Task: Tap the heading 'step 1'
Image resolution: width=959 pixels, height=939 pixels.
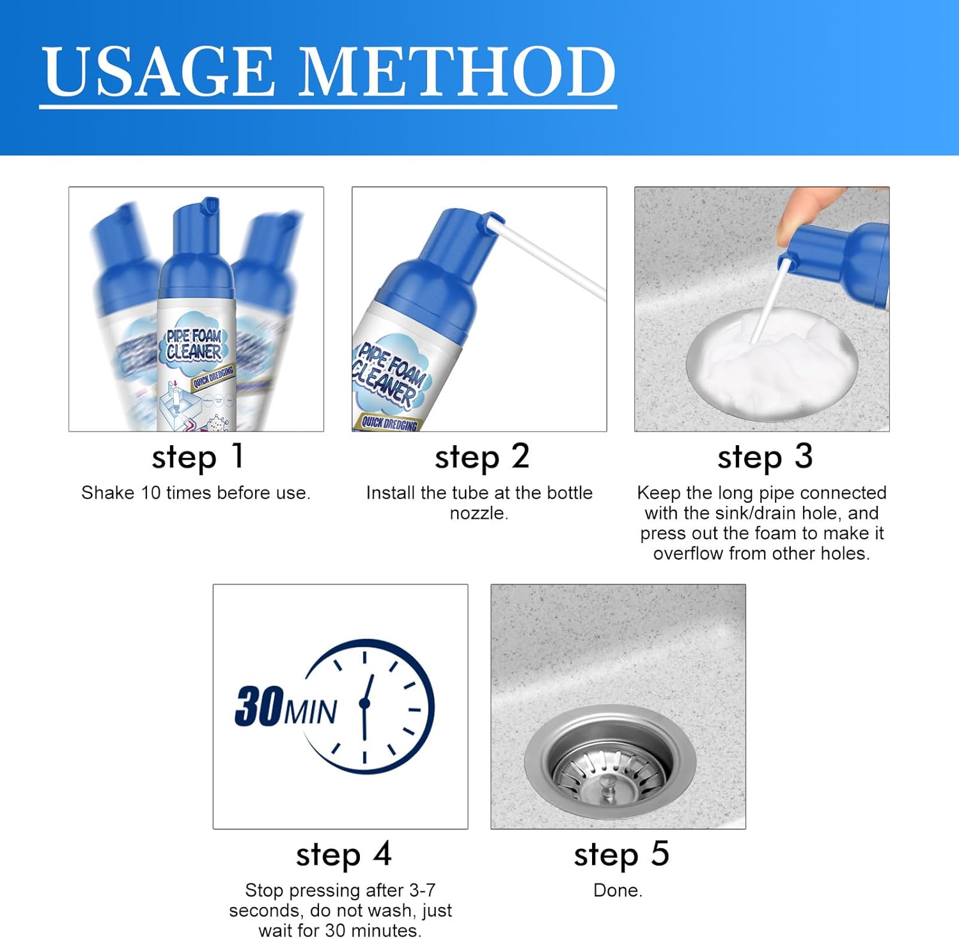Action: tap(197, 457)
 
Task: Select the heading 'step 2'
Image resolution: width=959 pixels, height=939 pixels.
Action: tap(481, 457)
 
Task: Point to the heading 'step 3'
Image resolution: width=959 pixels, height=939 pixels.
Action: tap(765, 457)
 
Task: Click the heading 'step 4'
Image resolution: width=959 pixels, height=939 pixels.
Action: tap(343, 855)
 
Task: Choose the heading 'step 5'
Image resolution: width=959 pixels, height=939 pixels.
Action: tap(621, 855)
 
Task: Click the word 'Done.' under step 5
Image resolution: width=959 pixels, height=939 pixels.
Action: tap(618, 890)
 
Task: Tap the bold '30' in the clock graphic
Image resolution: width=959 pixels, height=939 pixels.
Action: tap(259, 706)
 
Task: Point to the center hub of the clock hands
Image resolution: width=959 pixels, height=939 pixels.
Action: tap(365, 703)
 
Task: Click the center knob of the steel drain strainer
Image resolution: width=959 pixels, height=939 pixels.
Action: tap(608, 788)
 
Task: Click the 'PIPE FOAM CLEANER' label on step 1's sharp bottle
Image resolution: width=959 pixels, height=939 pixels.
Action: tap(194, 344)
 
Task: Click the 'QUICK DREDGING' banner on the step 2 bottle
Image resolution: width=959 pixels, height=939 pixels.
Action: tap(389, 422)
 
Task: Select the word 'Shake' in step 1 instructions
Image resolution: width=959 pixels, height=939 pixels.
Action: tap(107, 493)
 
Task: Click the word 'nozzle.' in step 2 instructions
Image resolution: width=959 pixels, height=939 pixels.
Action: tap(479, 514)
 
